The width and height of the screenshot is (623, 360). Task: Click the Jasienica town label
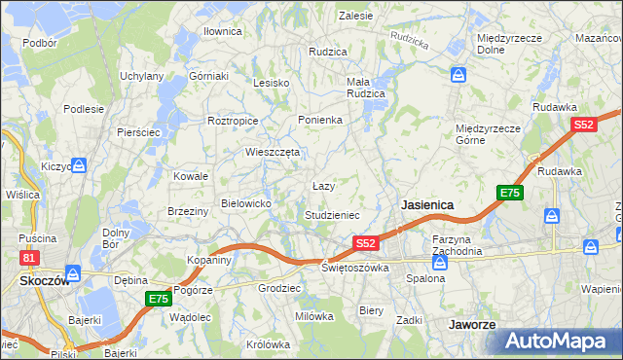pyautogui.click(x=428, y=205)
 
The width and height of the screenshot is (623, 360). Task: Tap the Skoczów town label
pyautogui.click(x=40, y=280)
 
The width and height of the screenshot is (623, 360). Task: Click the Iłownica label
pyautogui.click(x=222, y=31)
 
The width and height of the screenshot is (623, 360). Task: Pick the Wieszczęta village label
pyautogui.click(x=273, y=153)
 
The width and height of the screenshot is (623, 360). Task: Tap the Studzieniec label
pyautogui.click(x=333, y=214)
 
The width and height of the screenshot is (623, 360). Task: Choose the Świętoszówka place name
pyautogui.click(x=356, y=268)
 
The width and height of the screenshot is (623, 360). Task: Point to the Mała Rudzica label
pyautogui.click(x=366, y=88)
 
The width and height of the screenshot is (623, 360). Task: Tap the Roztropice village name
pyautogui.click(x=233, y=121)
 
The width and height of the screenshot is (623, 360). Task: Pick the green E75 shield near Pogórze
pyautogui.click(x=159, y=299)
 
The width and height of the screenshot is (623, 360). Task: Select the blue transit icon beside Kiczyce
pyautogui.click(x=81, y=165)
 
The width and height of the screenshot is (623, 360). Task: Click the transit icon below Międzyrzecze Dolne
pyautogui.click(x=458, y=75)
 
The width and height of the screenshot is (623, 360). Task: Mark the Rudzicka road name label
pyautogui.click(x=409, y=41)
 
